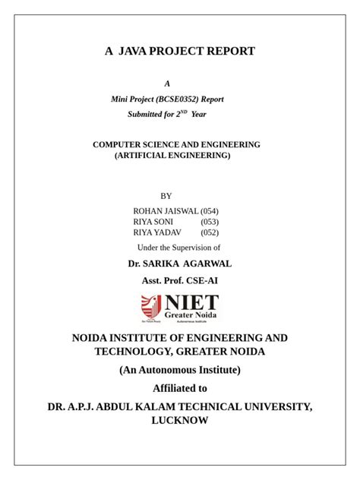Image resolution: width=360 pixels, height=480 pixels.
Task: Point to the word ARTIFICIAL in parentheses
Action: click(145, 155)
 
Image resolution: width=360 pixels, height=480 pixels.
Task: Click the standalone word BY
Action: click(167, 196)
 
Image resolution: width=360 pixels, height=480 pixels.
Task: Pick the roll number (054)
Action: click(210, 210)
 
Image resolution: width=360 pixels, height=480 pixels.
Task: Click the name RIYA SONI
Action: click(153, 222)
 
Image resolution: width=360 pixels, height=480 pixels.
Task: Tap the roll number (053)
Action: click(210, 222)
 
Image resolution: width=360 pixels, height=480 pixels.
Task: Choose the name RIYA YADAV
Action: click(157, 233)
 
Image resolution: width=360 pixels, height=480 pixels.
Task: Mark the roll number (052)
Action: click(210, 233)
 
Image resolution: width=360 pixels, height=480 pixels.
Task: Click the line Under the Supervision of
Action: click(178, 248)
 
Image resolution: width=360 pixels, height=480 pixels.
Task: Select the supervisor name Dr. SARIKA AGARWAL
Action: click(179, 264)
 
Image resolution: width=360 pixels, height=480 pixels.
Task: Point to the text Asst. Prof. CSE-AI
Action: click(179, 281)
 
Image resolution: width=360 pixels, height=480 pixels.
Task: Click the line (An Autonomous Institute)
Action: click(180, 370)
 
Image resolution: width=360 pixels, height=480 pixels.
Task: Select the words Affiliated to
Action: click(180, 388)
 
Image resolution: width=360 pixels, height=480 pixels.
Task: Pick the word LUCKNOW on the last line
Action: click(180, 420)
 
